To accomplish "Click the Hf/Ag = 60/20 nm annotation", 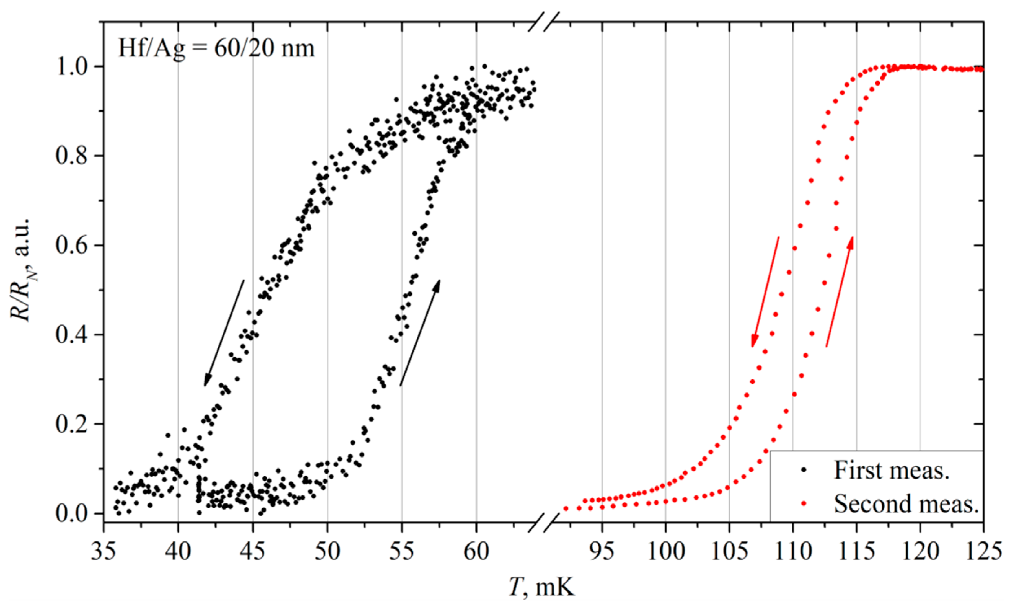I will (216, 49).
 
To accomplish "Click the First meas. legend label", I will (891, 471).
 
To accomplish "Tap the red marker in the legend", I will (804, 503).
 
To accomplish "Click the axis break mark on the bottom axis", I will (544, 523).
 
